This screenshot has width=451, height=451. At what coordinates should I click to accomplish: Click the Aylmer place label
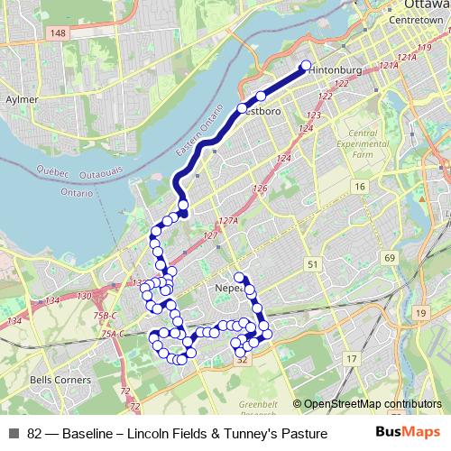coord(20,99)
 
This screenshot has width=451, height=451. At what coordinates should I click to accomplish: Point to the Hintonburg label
coord(341,69)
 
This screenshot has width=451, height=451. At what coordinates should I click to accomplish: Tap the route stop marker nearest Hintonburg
coord(306,66)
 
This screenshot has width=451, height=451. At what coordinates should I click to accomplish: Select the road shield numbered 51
coord(313,264)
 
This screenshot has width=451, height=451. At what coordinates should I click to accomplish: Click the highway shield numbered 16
coord(360,187)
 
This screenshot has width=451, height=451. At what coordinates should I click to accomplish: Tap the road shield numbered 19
coord(421,312)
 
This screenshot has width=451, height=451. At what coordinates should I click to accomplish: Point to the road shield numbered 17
coord(350,359)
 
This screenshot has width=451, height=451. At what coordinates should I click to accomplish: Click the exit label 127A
coord(227,221)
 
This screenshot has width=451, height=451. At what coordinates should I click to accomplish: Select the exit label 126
coord(262,189)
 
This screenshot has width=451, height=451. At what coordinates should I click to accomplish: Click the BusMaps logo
coord(409,433)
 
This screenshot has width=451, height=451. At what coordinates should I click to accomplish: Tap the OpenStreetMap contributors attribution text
coord(372,404)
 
